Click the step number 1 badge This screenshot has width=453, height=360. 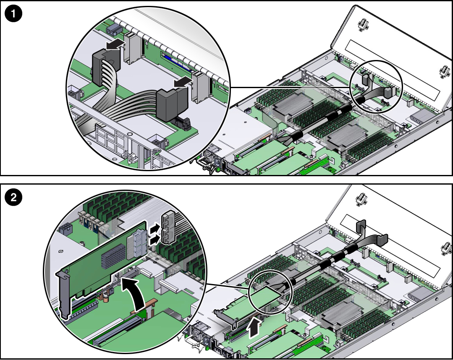point(14,14)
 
